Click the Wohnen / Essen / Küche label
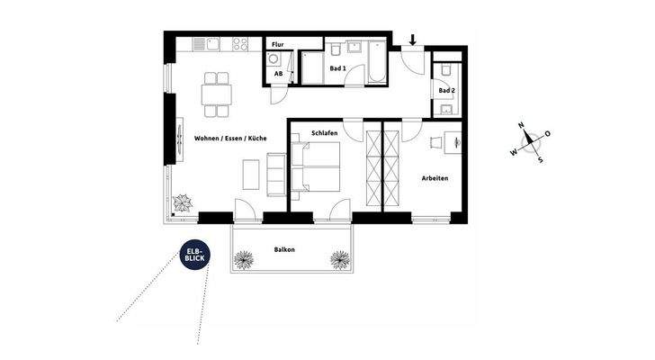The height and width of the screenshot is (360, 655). click(x=229, y=139)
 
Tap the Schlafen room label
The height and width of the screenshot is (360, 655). click(x=325, y=132)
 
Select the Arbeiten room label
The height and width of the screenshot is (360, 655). click(x=435, y=178)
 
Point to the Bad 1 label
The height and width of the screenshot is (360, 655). click(x=338, y=67)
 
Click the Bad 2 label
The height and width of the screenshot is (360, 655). click(x=446, y=91)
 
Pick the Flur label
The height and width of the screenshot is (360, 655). click(x=278, y=43)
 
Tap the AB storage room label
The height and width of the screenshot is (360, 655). click(x=279, y=74)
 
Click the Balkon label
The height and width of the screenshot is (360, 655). click(x=285, y=249)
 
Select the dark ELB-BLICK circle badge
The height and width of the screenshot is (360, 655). click(x=194, y=256)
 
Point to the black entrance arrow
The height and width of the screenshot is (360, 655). click(x=412, y=40)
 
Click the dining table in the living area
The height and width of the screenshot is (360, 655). click(x=217, y=94)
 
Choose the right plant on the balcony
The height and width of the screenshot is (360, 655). click(x=338, y=260)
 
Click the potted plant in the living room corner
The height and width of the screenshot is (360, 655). click(x=184, y=202)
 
